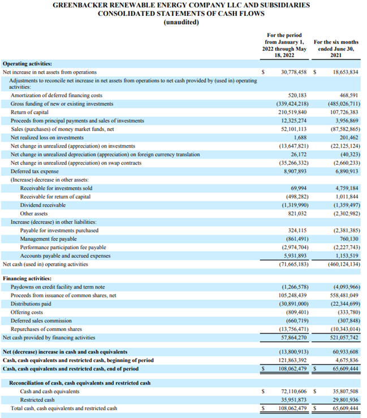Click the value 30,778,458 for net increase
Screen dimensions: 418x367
coord(294,72)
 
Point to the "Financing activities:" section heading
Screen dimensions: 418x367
coord(27,278)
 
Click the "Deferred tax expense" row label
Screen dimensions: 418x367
coord(34,171)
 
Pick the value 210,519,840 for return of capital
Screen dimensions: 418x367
coord(294,112)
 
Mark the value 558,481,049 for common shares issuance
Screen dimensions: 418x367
coord(343,295)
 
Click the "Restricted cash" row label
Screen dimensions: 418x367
coord(37,400)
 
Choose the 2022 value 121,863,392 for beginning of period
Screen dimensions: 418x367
coord(293,360)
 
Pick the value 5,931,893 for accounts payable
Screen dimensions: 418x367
coord(295,256)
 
